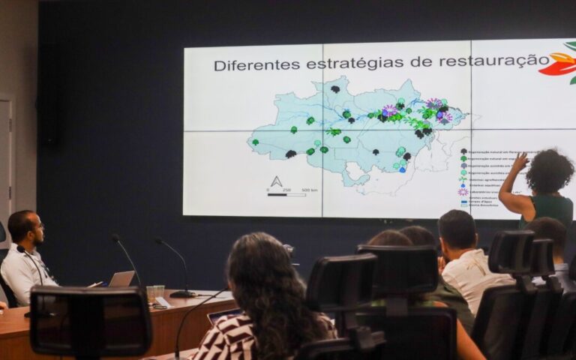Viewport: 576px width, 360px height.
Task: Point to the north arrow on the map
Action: [276, 181]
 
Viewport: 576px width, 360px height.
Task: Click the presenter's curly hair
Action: [549, 171]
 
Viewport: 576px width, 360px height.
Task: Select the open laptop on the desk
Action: [121, 279]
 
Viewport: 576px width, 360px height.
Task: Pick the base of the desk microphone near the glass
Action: [182, 294]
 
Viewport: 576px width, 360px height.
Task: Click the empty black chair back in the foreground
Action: [91, 321]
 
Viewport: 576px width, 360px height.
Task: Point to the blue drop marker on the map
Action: [403, 169]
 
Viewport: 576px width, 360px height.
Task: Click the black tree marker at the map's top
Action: [335, 89]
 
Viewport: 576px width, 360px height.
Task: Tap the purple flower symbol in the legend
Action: [463, 191]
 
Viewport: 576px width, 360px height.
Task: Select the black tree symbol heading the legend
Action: [463, 151]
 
